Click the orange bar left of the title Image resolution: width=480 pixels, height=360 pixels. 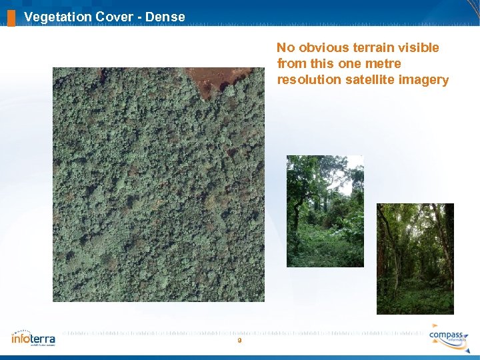tap(11, 17)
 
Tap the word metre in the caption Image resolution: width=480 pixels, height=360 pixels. tap(383, 64)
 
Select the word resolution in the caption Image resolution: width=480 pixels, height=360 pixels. tap(309, 80)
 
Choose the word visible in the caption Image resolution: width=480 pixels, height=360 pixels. tap(418, 48)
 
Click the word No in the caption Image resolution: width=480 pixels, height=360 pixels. tap(285, 48)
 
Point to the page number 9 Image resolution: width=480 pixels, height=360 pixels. tap(239, 341)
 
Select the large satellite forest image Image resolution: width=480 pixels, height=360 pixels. tap(159, 193)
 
